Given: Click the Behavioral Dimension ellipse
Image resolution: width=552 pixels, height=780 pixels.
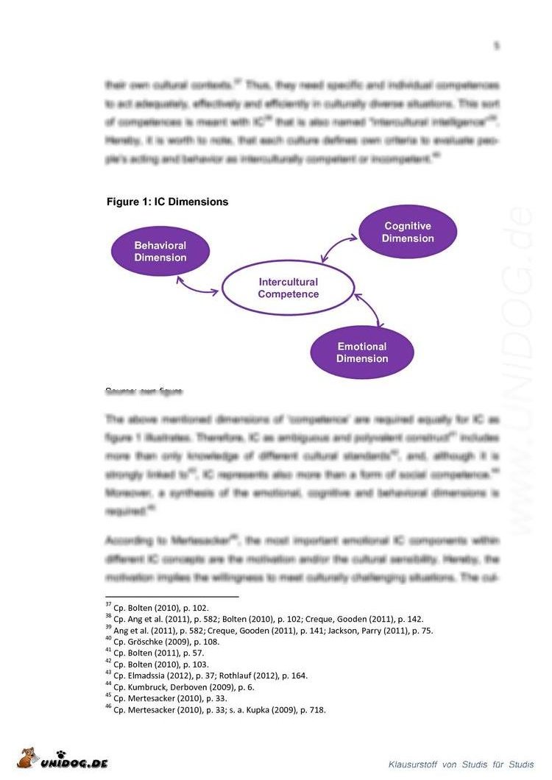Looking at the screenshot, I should [x=160, y=251].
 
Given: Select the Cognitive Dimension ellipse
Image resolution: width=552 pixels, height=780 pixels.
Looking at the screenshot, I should [x=407, y=233].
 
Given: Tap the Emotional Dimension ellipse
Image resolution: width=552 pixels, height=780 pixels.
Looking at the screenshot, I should [x=361, y=352].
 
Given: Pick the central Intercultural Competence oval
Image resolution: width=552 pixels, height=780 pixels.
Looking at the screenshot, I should [x=288, y=288].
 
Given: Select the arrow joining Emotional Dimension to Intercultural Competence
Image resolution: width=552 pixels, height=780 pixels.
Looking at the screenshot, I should [x=370, y=310].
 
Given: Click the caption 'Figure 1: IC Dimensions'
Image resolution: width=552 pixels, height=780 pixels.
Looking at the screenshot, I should [x=167, y=202].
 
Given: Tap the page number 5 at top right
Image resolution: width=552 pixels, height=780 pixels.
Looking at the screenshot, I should [x=496, y=46].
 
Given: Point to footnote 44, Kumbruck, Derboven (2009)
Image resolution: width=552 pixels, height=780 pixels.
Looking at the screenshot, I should [x=182, y=687].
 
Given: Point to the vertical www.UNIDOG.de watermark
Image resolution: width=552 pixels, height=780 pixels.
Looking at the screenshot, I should [x=524, y=368].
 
